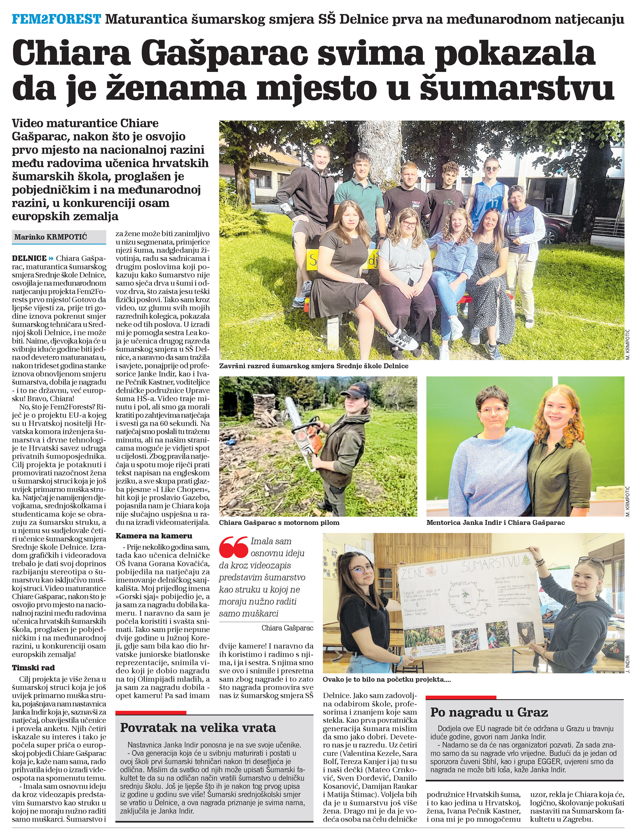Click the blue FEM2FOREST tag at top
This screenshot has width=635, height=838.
coord(57,19)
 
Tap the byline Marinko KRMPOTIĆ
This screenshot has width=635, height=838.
coord(50,237)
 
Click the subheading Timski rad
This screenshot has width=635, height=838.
coord(33,668)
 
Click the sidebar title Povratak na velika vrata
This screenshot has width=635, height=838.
coord(198,727)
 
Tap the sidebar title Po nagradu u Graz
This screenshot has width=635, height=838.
coord(489,712)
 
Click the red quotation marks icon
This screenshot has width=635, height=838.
coord(233,547)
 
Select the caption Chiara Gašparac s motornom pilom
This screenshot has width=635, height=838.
coord(279,522)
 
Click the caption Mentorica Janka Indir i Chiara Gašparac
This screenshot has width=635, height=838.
coord(495,522)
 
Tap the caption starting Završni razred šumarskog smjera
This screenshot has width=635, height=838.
coord(313,366)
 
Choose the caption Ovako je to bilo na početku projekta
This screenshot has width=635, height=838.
coord(386,679)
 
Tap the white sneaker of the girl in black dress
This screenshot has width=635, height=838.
coord(407,339)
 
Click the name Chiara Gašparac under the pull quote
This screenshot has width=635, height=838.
coord(287,628)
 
